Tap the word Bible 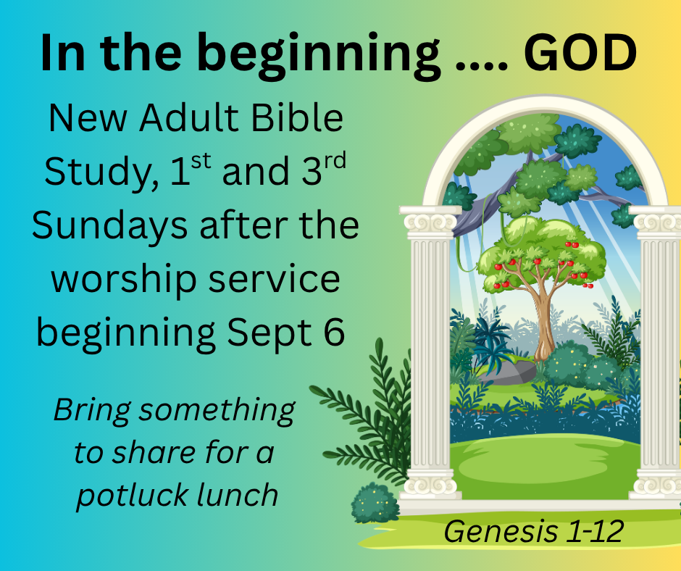click(298, 117)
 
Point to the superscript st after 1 click(201, 161)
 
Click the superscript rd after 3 click(335, 161)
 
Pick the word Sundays click(109, 225)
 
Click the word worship click(123, 280)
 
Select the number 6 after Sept click(335, 331)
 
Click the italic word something click(217, 411)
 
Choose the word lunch click(237, 494)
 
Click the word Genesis click(501, 532)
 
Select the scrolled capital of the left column click(430, 221)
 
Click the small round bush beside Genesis click(375, 503)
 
